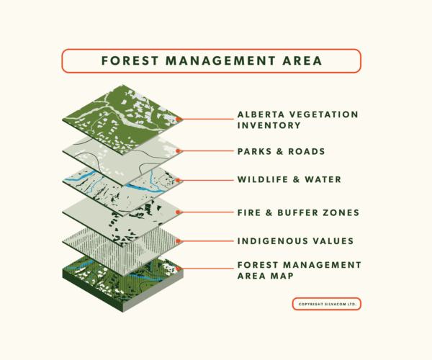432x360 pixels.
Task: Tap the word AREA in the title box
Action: tap(300, 60)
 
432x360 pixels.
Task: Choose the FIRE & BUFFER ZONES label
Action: tap(298, 212)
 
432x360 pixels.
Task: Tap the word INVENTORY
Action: tap(270, 125)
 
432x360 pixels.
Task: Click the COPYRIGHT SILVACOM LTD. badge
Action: tap(326, 304)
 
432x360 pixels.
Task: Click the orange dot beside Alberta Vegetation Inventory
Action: tap(179, 120)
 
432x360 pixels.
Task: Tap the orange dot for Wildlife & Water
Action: tap(179, 181)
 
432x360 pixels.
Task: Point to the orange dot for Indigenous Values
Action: tap(179, 240)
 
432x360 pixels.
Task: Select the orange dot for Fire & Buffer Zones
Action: tap(179, 212)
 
